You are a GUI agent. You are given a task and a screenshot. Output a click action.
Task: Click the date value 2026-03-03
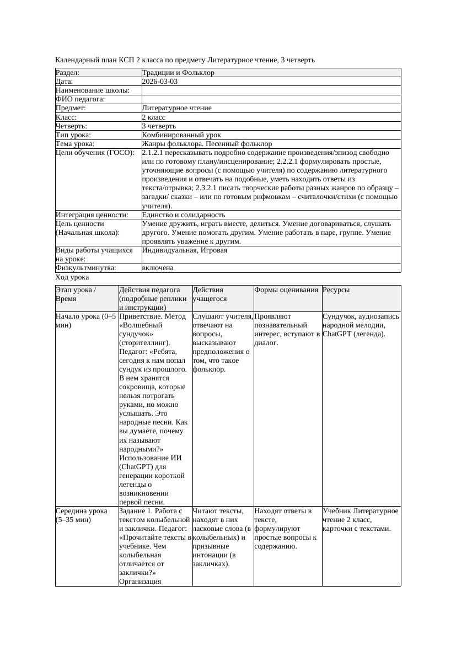coord(160,82)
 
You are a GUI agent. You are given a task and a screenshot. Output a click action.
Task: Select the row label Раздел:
coord(68,73)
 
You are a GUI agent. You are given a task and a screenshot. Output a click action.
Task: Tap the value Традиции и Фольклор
coord(178,73)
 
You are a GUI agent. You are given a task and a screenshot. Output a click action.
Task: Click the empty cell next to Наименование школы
coord(270,90)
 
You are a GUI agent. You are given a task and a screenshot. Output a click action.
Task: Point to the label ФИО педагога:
coord(81,99)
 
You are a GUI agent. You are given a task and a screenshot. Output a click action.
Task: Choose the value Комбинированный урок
coord(181,135)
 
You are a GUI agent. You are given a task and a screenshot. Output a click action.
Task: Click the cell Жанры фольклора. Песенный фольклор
coord(207,144)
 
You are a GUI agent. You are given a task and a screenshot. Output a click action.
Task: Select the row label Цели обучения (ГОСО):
coord(95,153)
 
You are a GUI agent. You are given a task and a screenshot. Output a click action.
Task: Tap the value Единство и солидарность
coord(184,215)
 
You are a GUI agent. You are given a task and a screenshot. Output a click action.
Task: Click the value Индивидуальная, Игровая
coord(185,250)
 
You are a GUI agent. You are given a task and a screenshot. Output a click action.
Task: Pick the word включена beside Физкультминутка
coord(158,268)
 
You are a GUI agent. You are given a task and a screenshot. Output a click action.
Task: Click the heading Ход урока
coord(72,277)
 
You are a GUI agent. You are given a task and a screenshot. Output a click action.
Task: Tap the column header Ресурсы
coord(336,290)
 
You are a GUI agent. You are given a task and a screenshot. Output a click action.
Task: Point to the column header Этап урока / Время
coord(76,294)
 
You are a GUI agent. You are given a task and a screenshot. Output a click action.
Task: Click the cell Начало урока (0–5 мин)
coord(86,321)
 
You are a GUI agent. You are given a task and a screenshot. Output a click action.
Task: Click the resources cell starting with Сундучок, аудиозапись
coord(361,325)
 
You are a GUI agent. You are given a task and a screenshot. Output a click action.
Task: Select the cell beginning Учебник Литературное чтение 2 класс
coord(361,520)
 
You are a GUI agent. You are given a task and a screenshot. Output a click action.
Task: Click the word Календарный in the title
coord(76,60)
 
